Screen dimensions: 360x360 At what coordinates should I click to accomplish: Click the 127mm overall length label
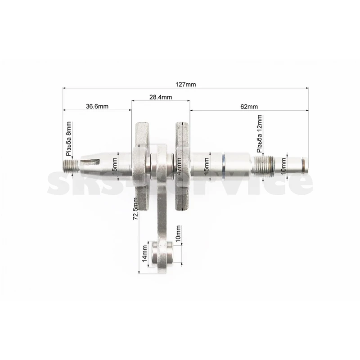[x=186, y=85]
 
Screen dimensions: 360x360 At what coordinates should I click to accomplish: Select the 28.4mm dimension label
[x=161, y=97]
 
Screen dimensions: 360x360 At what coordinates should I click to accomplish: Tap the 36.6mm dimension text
[x=97, y=106]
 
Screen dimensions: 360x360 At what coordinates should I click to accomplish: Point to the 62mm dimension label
[x=249, y=107]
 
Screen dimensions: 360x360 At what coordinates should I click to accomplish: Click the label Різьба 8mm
[x=69, y=139]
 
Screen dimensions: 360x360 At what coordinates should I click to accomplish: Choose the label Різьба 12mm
[x=260, y=134]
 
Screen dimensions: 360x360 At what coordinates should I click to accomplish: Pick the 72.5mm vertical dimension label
[x=135, y=208]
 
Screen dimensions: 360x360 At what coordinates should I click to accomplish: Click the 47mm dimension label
[x=179, y=166]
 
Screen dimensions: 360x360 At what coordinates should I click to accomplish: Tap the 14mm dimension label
[x=144, y=253]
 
